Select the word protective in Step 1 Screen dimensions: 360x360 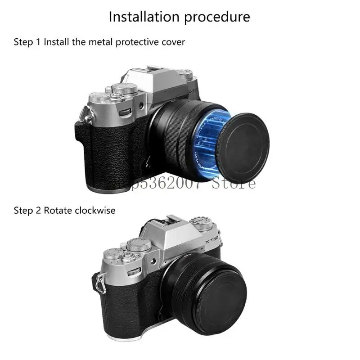coord(134,42)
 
